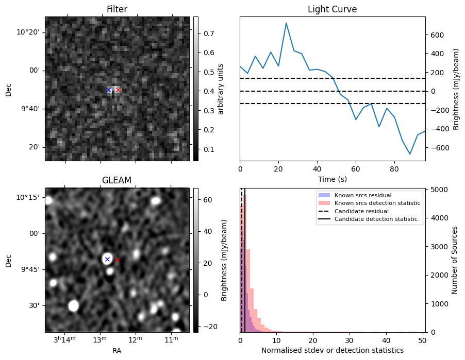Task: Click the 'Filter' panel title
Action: point(117,9)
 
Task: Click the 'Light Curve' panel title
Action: point(332,9)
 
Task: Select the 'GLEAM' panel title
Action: point(117,180)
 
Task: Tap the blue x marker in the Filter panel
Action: point(109,90)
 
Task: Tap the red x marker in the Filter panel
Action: point(118,90)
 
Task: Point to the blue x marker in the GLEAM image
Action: point(107,259)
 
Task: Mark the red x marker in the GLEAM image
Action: point(117,260)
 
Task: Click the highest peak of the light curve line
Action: point(286,23)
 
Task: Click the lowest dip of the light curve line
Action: point(410,154)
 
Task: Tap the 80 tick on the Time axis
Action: point(394,169)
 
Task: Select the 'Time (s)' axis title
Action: point(332,178)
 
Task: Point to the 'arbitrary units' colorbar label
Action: point(221,89)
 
